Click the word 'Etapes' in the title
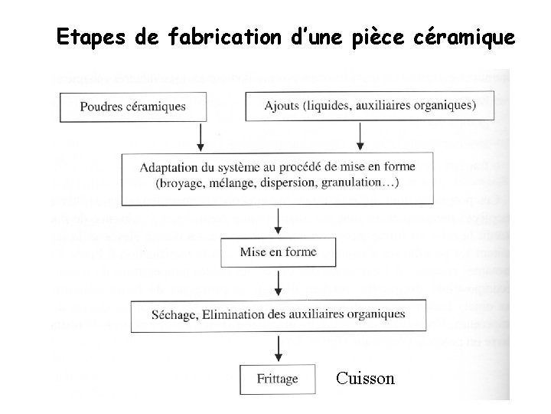tap(84, 37)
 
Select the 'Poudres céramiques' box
tap(132, 107)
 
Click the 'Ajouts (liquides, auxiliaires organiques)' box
tap(370, 105)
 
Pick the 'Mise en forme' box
tap(278, 251)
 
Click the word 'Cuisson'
tap(365, 379)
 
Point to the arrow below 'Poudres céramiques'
tap(201, 136)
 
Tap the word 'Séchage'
tap(177, 314)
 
